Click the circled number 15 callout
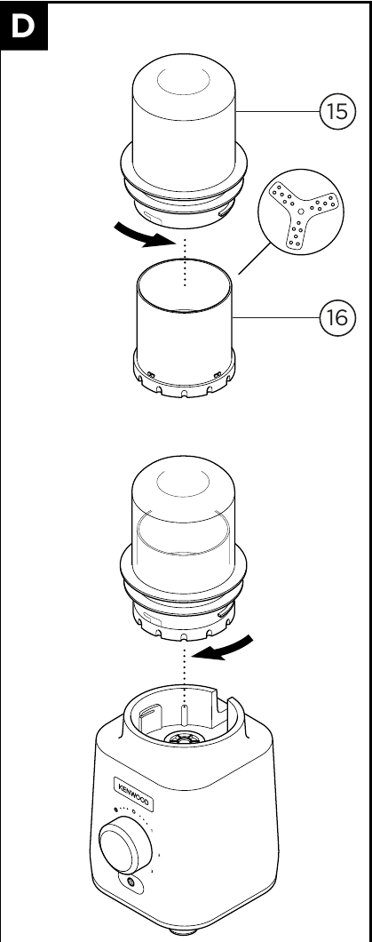tap(334, 114)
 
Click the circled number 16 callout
tap(334, 316)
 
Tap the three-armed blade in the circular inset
tap(303, 216)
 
